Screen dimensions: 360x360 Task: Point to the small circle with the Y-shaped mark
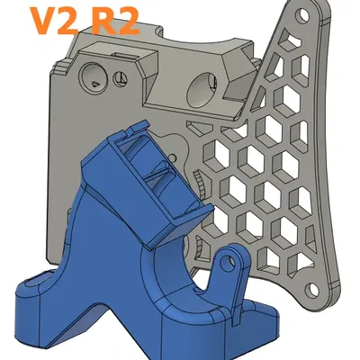point(121,80)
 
